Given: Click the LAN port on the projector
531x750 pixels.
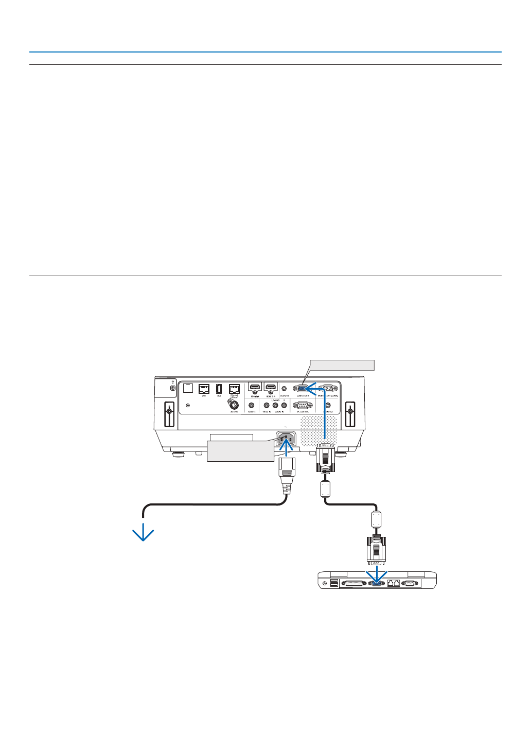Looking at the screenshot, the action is pos(204,389).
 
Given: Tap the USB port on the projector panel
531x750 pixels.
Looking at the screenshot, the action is pos(219,389).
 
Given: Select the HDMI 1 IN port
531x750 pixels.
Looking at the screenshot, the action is pos(255,387).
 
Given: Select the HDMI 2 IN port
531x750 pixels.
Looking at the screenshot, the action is pos(271,387).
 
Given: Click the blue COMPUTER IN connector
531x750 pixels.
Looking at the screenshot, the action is pos(302,389).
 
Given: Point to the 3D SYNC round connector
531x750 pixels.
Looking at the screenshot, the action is pos(234,405).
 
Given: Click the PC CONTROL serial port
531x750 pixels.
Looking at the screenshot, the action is pos(303,405).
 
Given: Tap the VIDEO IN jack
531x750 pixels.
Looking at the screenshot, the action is pos(267,405).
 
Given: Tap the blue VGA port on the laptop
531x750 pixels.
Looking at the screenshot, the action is pos(376,583).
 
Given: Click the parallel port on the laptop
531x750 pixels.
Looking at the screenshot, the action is pos(354,583).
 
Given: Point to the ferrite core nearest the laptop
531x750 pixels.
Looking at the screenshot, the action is pos(376,518).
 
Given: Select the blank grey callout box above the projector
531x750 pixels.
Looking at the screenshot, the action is pos(342,365).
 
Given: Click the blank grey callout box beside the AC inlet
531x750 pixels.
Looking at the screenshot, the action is pos(240,451).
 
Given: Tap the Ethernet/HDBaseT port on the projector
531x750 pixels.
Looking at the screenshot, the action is pos(234,389).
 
